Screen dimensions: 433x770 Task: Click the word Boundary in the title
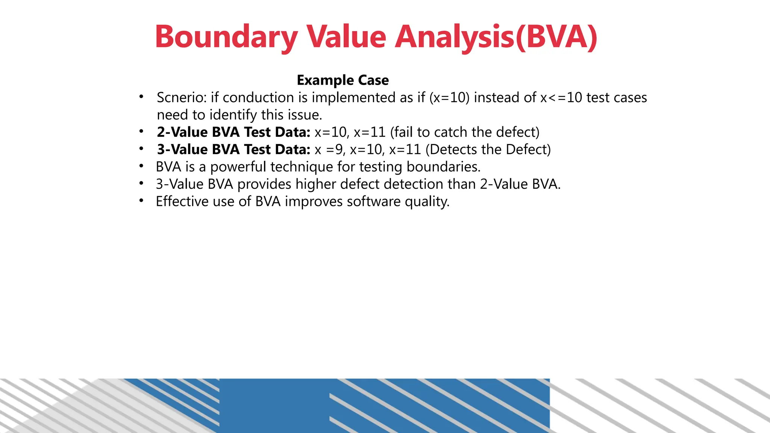(x=226, y=37)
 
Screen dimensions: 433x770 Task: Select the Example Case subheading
(x=343, y=80)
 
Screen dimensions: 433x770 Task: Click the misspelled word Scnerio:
(x=182, y=98)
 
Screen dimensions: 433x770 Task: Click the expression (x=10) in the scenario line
(x=449, y=98)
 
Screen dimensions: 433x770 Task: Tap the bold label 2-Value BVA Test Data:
(x=233, y=132)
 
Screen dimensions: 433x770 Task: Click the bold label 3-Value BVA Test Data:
(x=233, y=150)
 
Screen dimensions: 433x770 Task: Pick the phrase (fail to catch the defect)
(x=465, y=132)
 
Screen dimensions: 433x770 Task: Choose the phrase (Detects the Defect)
(x=488, y=150)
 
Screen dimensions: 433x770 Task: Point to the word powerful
(x=238, y=167)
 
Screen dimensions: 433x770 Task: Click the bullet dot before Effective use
(x=141, y=201)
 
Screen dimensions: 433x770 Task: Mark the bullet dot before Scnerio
(x=141, y=97)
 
